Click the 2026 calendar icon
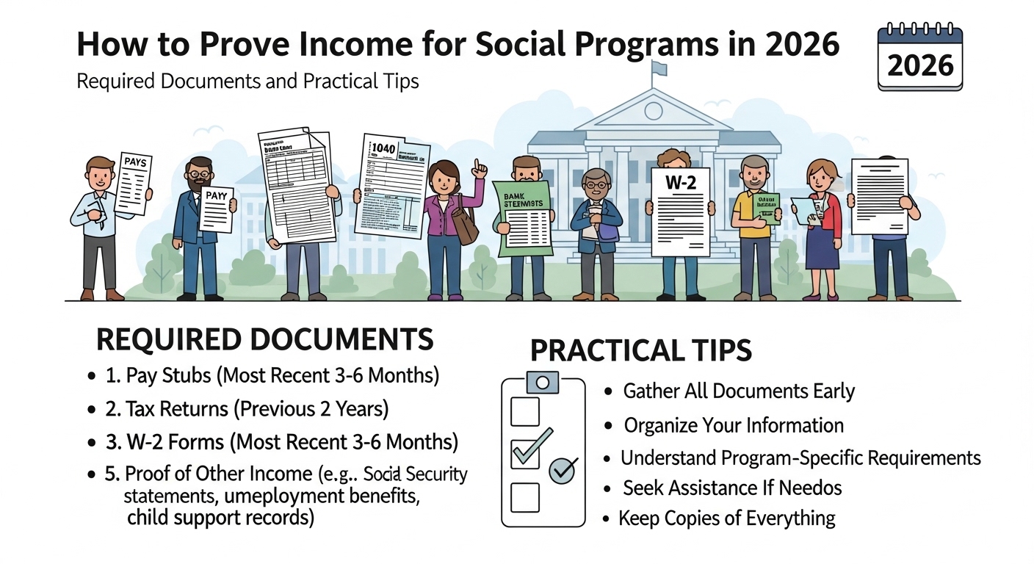click(919, 58)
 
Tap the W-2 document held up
click(681, 211)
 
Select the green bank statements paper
click(524, 218)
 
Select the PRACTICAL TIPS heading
click(640, 350)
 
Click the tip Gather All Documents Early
click(739, 391)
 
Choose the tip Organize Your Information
click(734, 425)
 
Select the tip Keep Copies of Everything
click(727, 518)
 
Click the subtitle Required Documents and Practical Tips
click(247, 80)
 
